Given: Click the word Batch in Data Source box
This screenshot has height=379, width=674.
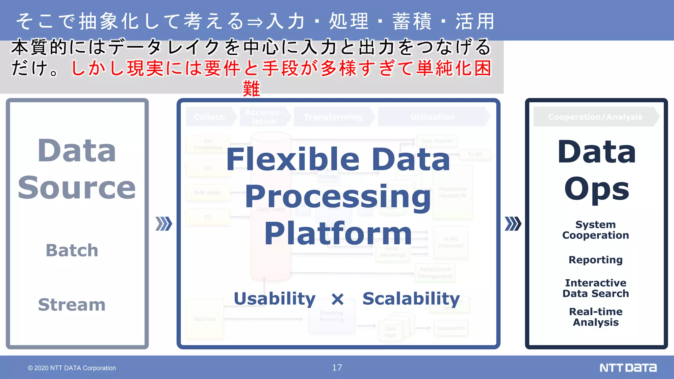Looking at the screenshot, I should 72,250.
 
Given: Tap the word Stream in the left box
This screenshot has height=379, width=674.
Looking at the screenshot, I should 72,304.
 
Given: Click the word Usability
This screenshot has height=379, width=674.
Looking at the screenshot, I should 274,299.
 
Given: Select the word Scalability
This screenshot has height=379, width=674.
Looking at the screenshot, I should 411,299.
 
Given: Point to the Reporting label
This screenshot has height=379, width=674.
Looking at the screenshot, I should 595,260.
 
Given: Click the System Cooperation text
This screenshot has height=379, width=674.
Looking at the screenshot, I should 595,230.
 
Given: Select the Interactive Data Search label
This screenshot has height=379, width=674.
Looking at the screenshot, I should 595,288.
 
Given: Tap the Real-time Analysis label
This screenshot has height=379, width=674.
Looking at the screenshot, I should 595,317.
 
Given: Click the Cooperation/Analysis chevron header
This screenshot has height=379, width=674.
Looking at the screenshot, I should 595,117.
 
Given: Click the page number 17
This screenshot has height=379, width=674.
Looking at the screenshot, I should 337,367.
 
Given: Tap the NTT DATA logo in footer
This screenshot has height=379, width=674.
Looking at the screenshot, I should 628,367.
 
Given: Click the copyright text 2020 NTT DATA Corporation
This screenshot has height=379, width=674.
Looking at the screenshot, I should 72,368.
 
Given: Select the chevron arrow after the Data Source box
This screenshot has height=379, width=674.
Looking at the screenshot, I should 164,224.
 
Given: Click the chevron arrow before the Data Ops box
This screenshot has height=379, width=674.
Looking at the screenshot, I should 513,224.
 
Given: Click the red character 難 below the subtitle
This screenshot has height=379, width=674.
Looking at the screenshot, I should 251,89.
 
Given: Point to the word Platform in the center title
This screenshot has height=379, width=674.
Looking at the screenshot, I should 338,234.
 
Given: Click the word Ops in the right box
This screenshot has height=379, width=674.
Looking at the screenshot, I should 596,189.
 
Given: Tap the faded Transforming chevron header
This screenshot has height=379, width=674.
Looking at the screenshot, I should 333,117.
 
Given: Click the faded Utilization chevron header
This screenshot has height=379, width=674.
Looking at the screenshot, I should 432,117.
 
